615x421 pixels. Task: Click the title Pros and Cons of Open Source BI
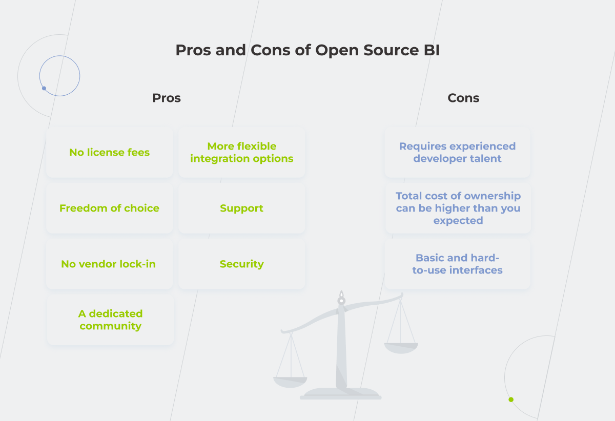tap(307, 50)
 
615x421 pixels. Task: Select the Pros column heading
tap(167, 98)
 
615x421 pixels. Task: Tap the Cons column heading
tap(463, 98)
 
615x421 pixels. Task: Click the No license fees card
tap(109, 153)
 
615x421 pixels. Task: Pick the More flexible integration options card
tap(242, 153)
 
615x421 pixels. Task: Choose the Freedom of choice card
tap(109, 208)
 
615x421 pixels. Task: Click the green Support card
tap(242, 208)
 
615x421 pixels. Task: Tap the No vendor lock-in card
tap(109, 264)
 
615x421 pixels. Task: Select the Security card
tap(242, 264)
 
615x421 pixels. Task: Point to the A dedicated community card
tap(111, 320)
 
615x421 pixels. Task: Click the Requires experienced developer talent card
tap(457, 153)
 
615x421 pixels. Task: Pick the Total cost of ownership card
tap(458, 208)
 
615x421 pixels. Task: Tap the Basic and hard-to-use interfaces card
tap(457, 264)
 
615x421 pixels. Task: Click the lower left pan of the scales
tap(290, 382)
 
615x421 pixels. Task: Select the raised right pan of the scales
tap(401, 348)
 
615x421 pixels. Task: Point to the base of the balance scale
tap(341, 394)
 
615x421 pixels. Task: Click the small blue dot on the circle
tap(44, 88)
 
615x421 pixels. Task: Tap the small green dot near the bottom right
tap(511, 399)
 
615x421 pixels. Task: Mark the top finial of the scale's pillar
tap(341, 296)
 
